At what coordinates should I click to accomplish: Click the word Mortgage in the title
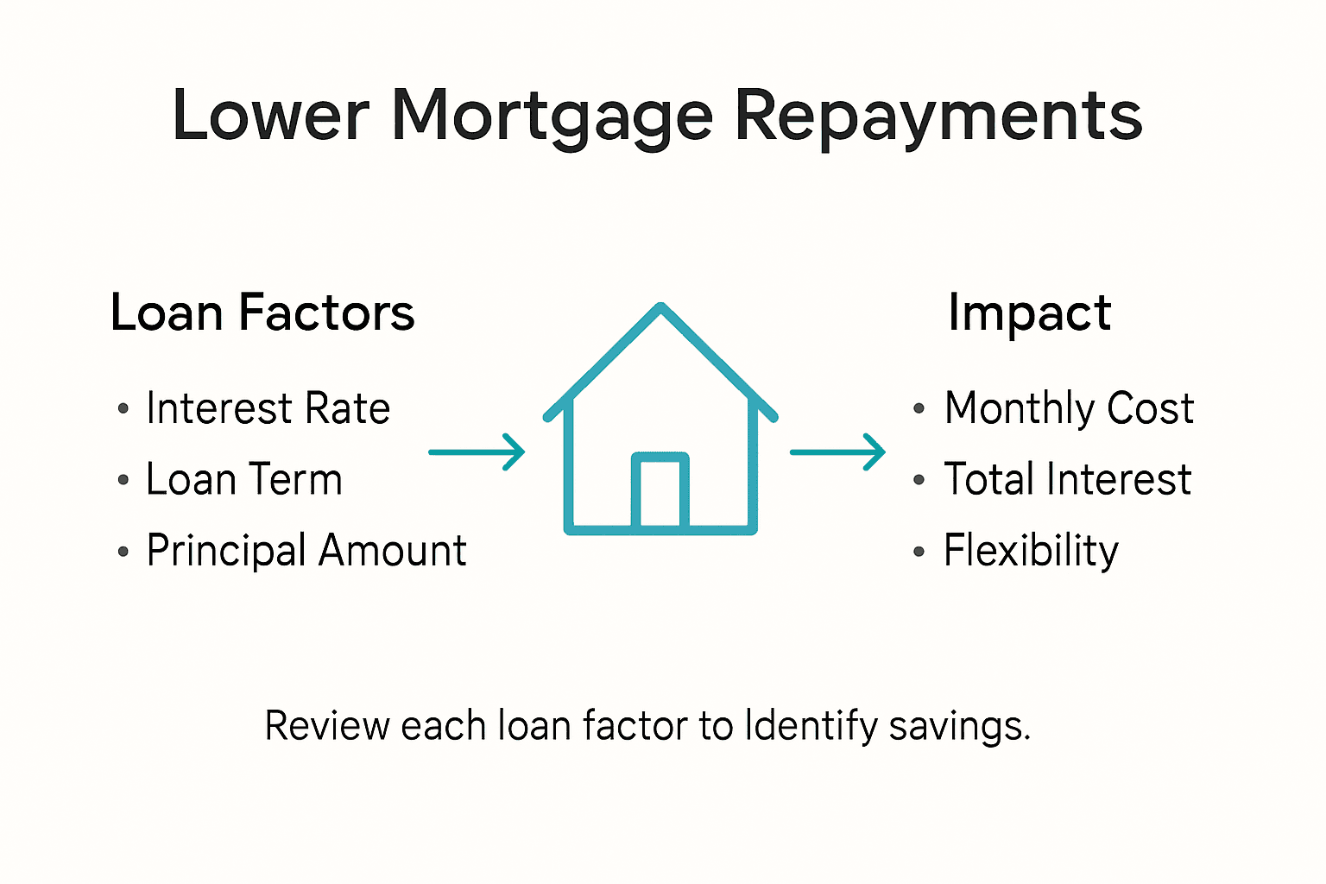coord(552,117)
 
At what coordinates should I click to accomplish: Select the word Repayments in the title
coord(938,117)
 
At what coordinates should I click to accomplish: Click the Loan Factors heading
coord(262,313)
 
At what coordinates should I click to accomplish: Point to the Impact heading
coord(1029,313)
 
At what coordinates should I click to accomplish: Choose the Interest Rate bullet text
coord(268,408)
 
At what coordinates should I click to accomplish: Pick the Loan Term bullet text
coord(244,479)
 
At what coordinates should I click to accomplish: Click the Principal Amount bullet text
coord(306,551)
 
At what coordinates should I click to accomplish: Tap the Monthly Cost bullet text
coord(1069,408)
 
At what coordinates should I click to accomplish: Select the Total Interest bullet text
coord(1067,479)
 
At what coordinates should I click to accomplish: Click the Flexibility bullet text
coord(1031,551)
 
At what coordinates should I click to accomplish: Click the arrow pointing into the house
coord(477,451)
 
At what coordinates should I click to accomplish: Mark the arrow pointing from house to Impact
coord(837,451)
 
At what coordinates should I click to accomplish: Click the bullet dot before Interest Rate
coord(123,408)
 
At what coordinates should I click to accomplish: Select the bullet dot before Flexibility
coord(919,551)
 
